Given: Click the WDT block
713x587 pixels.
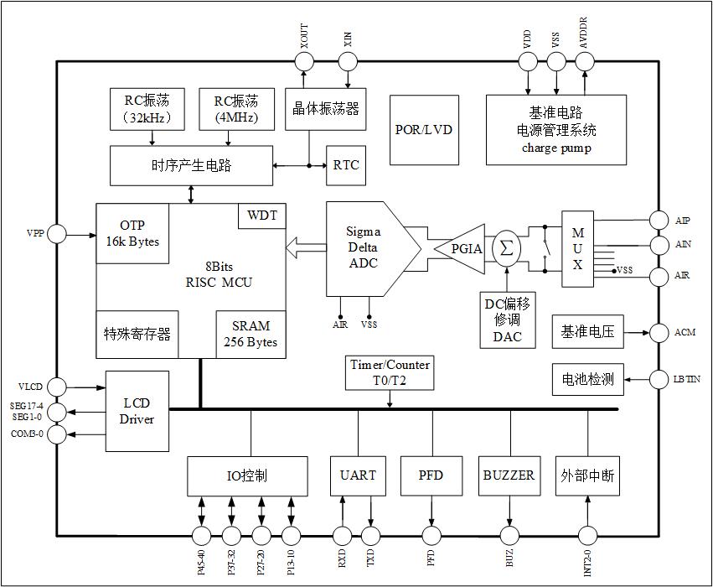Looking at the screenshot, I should tap(262, 216).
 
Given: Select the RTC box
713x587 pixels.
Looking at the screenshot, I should tap(345, 164).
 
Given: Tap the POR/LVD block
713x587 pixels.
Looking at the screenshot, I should tap(423, 130).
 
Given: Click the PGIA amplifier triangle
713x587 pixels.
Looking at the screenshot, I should tap(464, 249).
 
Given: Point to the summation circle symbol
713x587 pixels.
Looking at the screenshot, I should tap(506, 249).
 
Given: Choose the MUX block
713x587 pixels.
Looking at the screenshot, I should tap(577, 248).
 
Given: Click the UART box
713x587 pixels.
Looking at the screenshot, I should tap(358, 475).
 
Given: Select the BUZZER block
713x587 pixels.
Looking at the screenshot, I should tap(509, 475).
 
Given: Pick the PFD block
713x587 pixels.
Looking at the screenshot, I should tap(431, 475).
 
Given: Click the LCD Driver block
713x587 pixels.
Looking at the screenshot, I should tap(137, 411).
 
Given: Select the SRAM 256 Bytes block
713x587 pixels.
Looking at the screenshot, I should tap(250, 334).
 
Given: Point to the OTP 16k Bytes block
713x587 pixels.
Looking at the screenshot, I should tap(132, 234).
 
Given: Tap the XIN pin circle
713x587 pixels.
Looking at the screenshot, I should tap(349, 61).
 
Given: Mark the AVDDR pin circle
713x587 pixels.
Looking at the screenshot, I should tap(584, 61).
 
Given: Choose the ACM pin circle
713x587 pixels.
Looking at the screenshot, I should tap(659, 333).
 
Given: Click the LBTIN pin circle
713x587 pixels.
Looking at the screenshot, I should tap(659, 379).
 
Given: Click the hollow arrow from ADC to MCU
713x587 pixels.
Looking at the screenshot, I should tap(305, 248).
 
